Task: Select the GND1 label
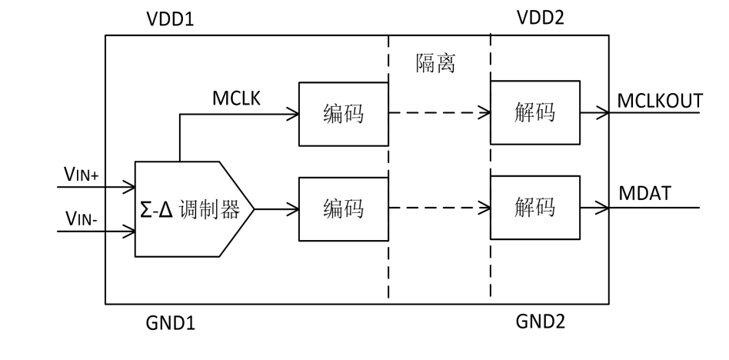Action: [x=171, y=322]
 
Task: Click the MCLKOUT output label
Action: [x=661, y=101]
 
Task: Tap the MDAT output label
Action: [x=643, y=194]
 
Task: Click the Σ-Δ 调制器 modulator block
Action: [x=189, y=208]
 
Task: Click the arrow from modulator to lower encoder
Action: [x=277, y=208]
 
